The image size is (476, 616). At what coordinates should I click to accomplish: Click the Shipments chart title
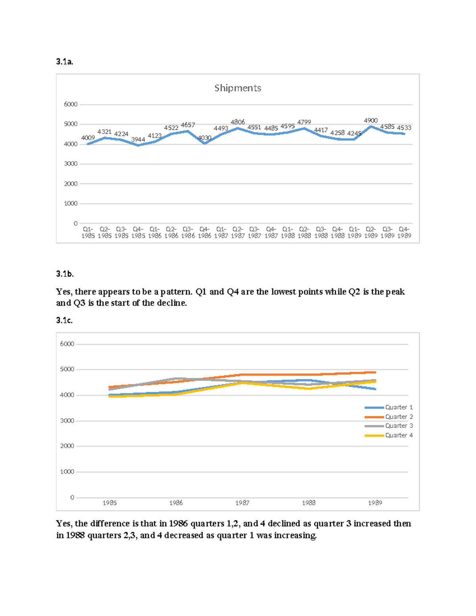[x=238, y=88]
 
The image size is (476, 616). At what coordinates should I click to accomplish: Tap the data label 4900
[x=370, y=121]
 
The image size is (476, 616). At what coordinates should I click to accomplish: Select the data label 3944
[x=138, y=140]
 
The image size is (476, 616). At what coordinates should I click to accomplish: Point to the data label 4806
[x=238, y=122]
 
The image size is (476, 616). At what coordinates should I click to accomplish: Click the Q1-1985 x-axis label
[x=88, y=232]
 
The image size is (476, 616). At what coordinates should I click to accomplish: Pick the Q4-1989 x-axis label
[x=404, y=232]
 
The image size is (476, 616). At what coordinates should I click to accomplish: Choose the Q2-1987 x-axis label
[x=238, y=232]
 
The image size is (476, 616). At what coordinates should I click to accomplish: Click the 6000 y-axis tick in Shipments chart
[x=71, y=104]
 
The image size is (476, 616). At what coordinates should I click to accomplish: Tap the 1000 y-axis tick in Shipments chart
[x=71, y=203]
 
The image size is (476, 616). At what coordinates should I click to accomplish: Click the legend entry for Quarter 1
[x=389, y=407]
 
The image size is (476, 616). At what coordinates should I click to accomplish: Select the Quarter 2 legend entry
[x=389, y=417]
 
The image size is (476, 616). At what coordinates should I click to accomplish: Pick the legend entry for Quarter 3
[x=389, y=426]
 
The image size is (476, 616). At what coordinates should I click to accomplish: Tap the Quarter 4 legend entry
[x=389, y=435]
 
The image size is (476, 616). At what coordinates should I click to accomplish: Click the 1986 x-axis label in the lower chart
[x=176, y=503]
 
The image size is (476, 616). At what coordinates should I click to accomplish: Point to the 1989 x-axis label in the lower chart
[x=375, y=503]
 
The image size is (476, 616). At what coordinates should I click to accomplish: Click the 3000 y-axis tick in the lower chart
[x=67, y=421]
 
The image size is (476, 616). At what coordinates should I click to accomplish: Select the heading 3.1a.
[x=65, y=61]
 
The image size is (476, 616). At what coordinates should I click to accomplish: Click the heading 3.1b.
[x=65, y=274]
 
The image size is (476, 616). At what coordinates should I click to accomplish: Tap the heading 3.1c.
[x=64, y=320]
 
